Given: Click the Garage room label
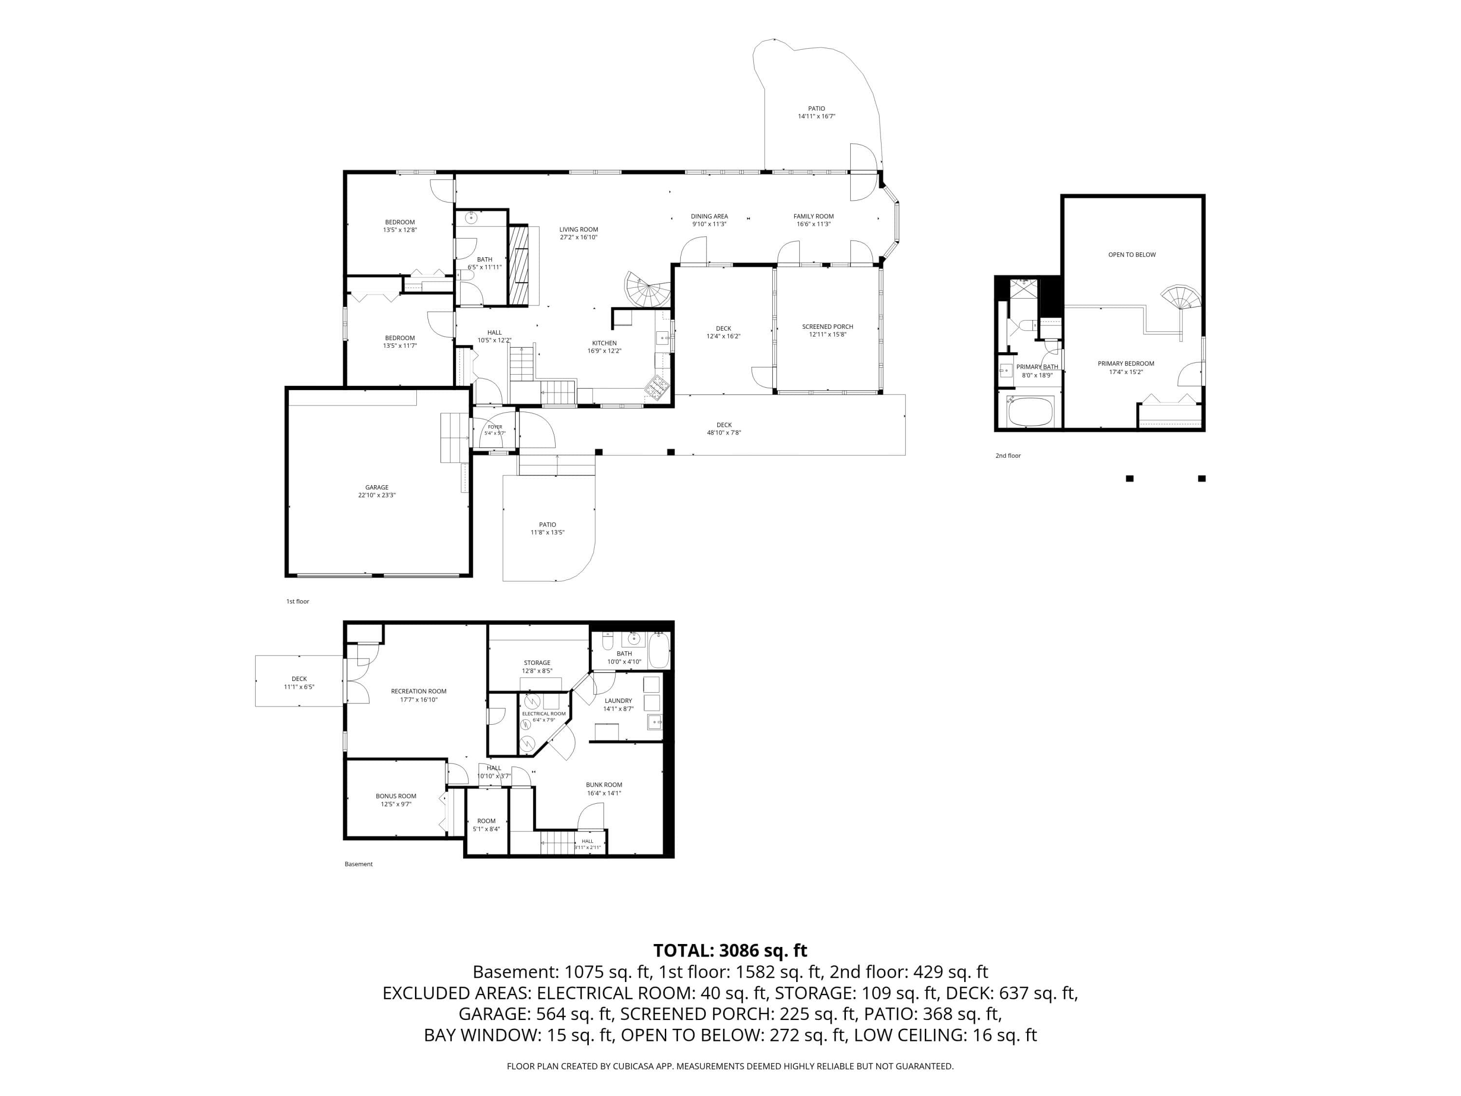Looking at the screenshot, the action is (x=377, y=488).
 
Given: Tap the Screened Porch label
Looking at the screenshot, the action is (x=827, y=326).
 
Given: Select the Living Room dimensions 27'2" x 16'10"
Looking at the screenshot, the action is (x=579, y=237).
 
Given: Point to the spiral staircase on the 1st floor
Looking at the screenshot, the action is (x=648, y=289).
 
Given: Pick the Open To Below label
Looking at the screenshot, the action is (x=1132, y=254).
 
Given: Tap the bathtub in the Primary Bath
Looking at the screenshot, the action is (x=1030, y=411).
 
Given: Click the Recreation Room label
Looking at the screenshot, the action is (x=419, y=691).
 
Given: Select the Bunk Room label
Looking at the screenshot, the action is (x=604, y=785).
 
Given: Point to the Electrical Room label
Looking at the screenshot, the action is (x=543, y=714).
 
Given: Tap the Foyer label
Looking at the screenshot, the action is (x=495, y=427).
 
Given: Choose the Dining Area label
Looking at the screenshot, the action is (x=710, y=216).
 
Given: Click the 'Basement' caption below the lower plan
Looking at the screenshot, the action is (x=358, y=864).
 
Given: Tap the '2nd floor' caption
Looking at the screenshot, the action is (x=1008, y=455).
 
